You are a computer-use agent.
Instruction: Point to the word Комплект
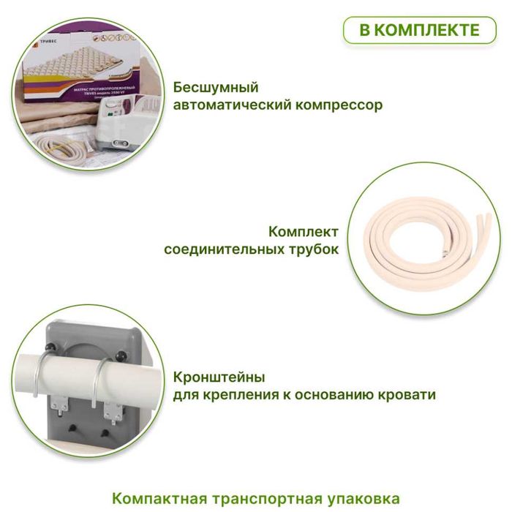(x=304, y=232)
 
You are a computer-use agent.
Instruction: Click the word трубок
(x=317, y=249)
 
